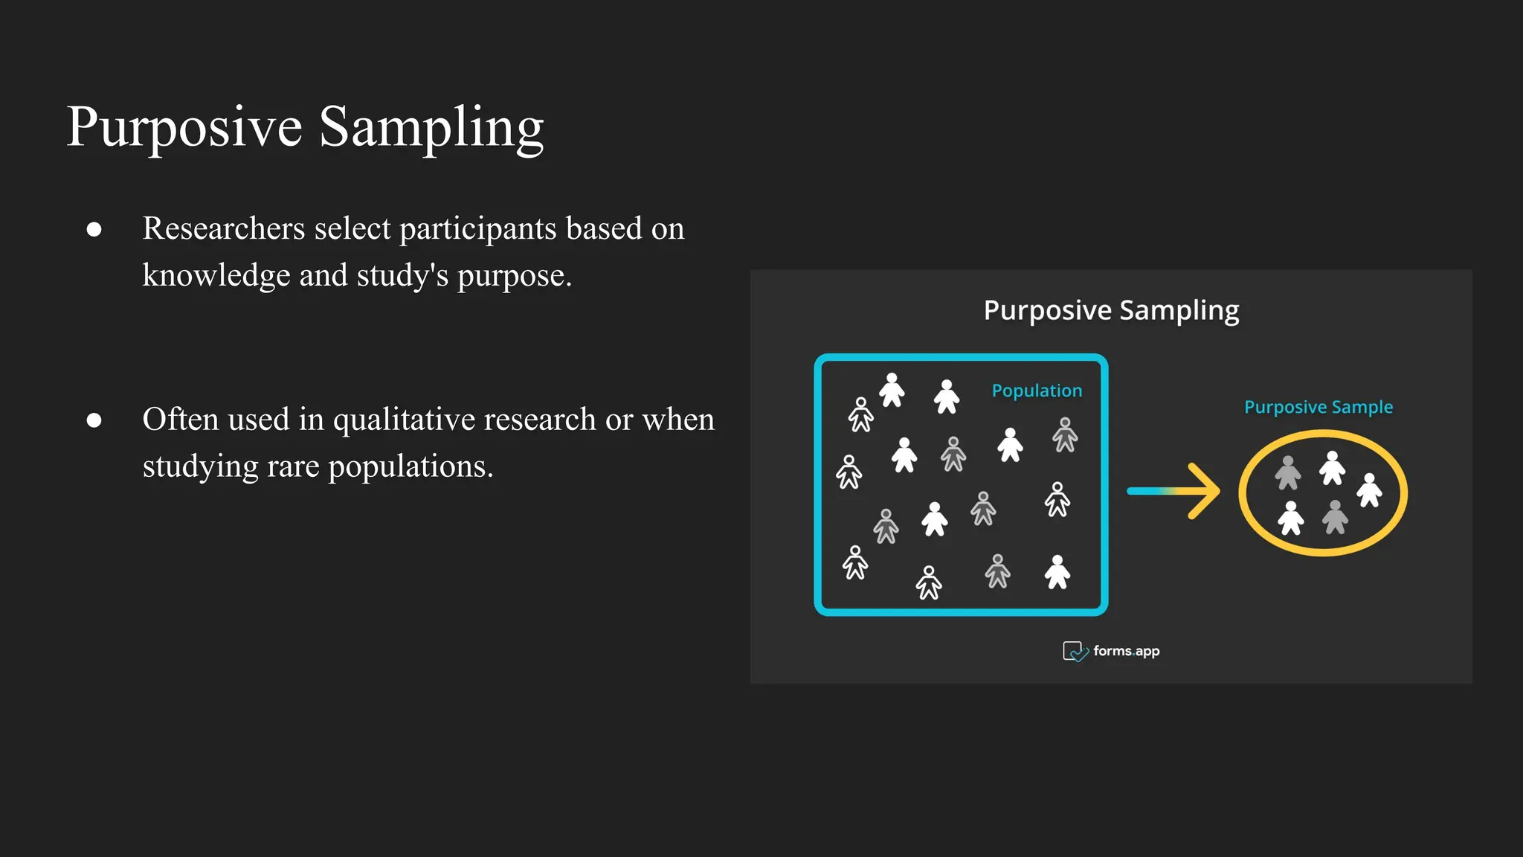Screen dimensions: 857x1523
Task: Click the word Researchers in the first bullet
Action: point(223,228)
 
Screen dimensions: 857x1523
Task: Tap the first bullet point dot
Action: point(94,229)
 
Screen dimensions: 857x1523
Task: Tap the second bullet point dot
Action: point(94,420)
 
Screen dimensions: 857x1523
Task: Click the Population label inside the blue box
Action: point(1037,391)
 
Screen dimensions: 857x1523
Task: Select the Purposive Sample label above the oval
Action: point(1318,407)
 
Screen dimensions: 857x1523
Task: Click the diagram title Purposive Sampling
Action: point(1111,310)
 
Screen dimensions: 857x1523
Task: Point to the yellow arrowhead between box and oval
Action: point(1204,491)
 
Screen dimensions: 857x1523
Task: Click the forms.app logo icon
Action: point(1075,652)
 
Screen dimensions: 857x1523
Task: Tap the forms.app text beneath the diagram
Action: point(1126,651)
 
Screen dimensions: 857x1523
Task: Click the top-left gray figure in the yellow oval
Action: point(1287,473)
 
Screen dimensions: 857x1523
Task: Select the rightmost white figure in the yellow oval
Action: point(1369,491)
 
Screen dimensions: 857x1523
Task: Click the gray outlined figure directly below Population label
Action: point(1065,434)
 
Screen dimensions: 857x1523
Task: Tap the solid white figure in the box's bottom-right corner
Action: point(1057,572)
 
